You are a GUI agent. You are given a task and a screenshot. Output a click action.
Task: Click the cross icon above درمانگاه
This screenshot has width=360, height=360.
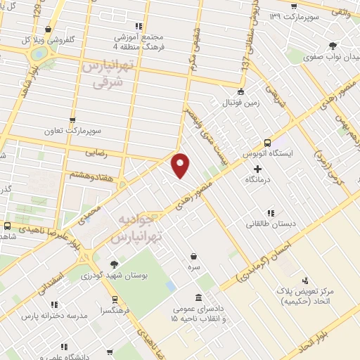click(258, 169)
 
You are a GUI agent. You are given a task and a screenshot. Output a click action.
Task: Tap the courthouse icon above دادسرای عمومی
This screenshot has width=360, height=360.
click(199, 297)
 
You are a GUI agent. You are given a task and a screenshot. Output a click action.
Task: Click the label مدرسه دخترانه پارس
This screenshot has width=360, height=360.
click(54, 315)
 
